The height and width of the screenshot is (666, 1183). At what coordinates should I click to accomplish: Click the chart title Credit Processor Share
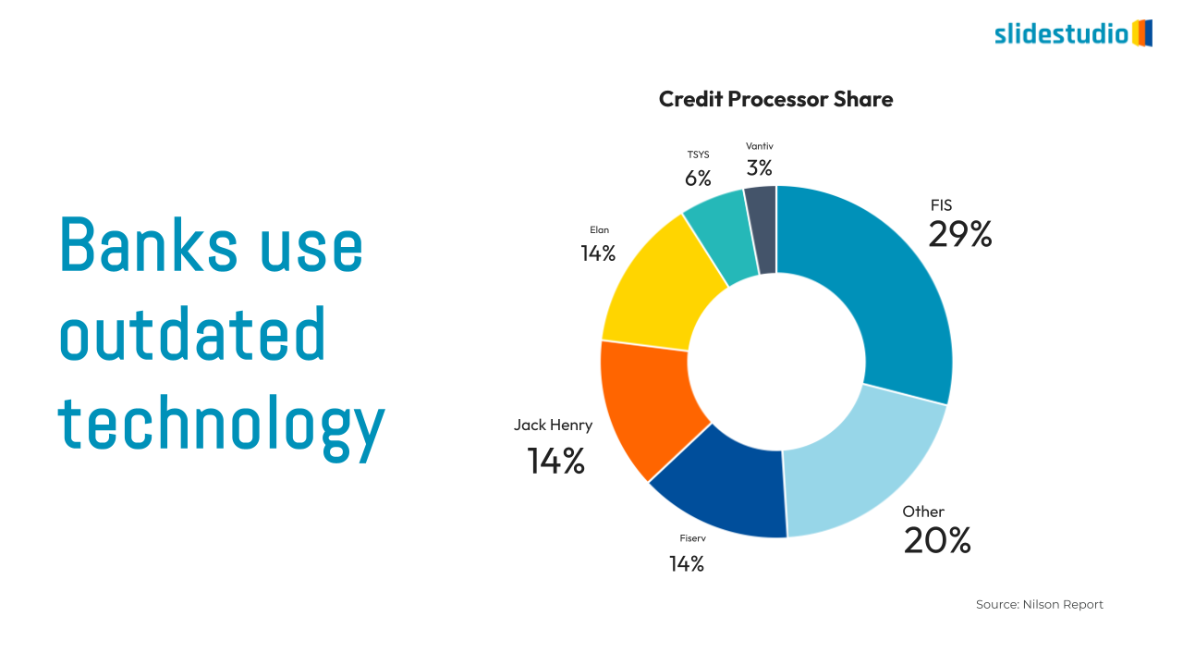[x=775, y=99]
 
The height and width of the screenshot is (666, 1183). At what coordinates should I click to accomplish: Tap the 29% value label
[x=960, y=235]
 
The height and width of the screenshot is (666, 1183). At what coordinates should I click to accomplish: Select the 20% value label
[x=937, y=540]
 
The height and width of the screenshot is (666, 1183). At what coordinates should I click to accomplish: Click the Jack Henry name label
[x=553, y=425]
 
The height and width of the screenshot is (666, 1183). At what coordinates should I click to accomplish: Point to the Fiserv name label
[x=693, y=537]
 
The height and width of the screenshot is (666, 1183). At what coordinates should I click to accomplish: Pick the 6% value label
[x=698, y=179]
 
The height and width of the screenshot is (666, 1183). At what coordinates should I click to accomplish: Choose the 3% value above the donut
[x=760, y=168]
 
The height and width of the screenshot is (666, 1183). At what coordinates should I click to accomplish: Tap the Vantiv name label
[x=760, y=146]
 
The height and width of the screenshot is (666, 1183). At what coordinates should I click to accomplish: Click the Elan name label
[x=600, y=229]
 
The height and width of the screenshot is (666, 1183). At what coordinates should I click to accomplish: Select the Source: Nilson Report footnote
[x=1040, y=604]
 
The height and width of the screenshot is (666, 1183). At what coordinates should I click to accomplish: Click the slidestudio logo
[x=1073, y=34]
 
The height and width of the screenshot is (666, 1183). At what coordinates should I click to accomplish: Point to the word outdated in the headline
[x=193, y=335]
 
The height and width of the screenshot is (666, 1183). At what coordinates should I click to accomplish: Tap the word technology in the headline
[x=222, y=425]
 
